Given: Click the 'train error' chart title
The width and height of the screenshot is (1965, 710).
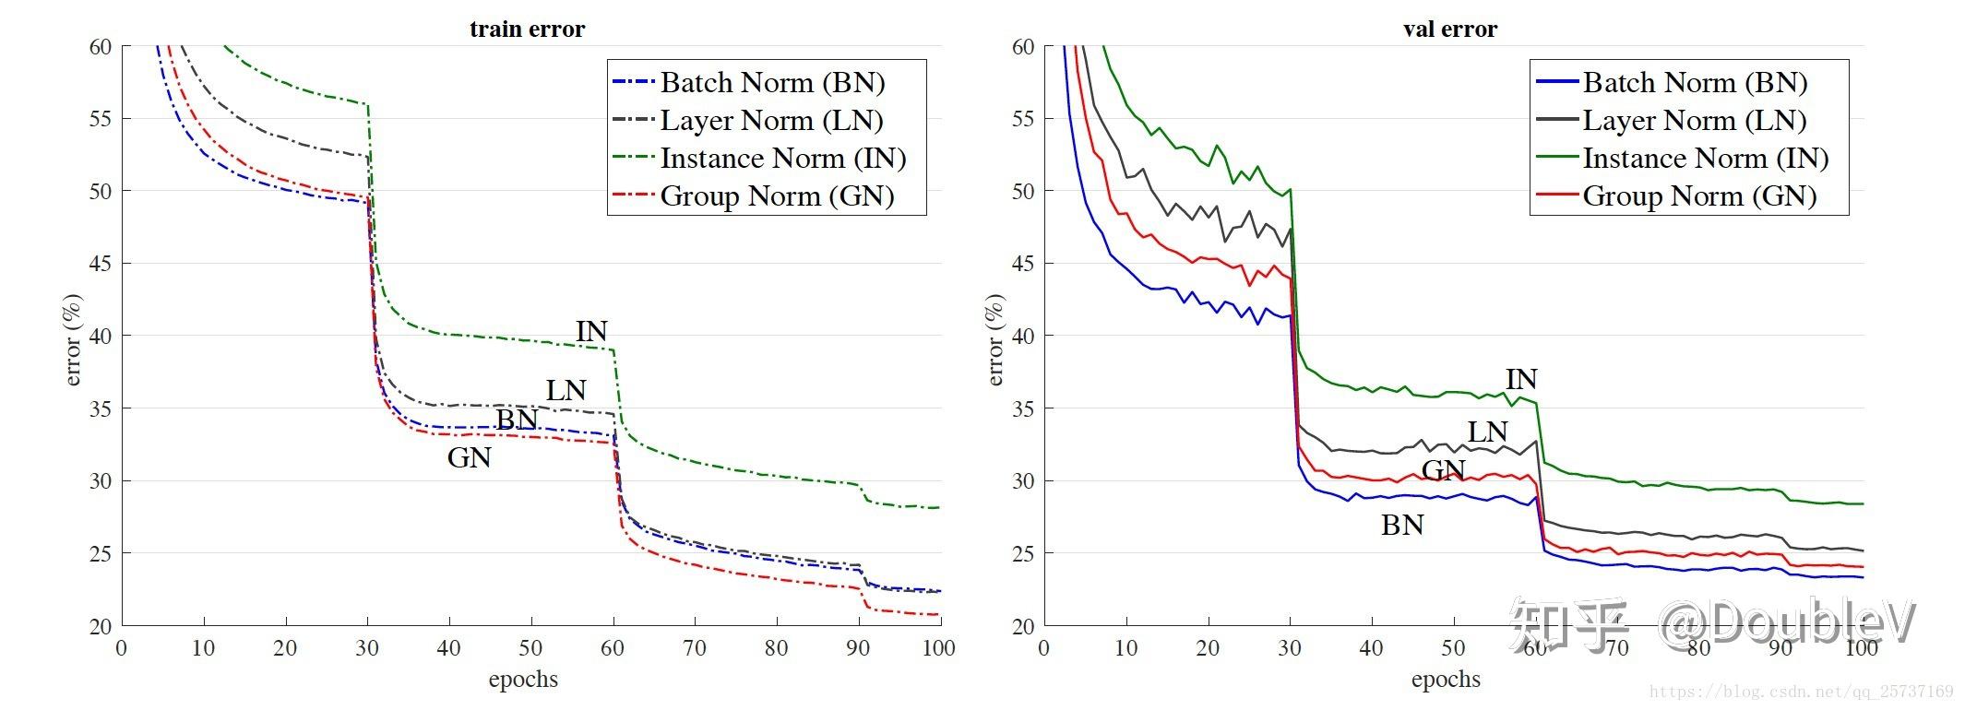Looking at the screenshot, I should click(527, 30).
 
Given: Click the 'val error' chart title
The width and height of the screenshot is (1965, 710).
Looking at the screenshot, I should click(1449, 30).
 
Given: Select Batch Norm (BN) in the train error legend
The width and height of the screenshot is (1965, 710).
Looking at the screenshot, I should click(772, 83).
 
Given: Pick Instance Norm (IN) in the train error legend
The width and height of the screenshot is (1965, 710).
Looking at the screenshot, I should click(782, 159).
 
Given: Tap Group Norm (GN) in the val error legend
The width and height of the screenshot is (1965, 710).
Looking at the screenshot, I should click(1699, 196).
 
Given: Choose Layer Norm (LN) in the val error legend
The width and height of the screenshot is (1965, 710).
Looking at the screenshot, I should click(1694, 121).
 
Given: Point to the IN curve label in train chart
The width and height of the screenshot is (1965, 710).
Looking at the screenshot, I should click(591, 332).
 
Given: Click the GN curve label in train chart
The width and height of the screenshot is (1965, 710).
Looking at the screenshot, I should click(469, 457).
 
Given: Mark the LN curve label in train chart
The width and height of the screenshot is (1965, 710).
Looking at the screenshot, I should click(566, 391).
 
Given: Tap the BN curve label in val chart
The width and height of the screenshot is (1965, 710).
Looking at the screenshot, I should click(1401, 526).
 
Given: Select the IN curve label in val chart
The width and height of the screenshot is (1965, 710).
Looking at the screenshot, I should click(1521, 379).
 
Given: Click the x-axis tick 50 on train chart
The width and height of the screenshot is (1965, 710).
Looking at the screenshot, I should click(530, 648).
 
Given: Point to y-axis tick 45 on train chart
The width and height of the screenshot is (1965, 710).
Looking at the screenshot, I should click(100, 264).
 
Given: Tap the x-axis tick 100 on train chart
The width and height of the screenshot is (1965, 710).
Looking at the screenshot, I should click(939, 648).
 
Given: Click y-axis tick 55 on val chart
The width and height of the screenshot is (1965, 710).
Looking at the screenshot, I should click(1022, 119).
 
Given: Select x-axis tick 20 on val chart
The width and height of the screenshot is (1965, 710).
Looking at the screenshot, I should click(1208, 648).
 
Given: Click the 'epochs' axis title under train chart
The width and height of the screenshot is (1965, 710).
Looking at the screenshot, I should click(523, 680).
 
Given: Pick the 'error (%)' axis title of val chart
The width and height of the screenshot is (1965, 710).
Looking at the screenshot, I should click(994, 339).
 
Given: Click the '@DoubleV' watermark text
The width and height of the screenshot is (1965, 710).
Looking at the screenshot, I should click(1788, 625).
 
